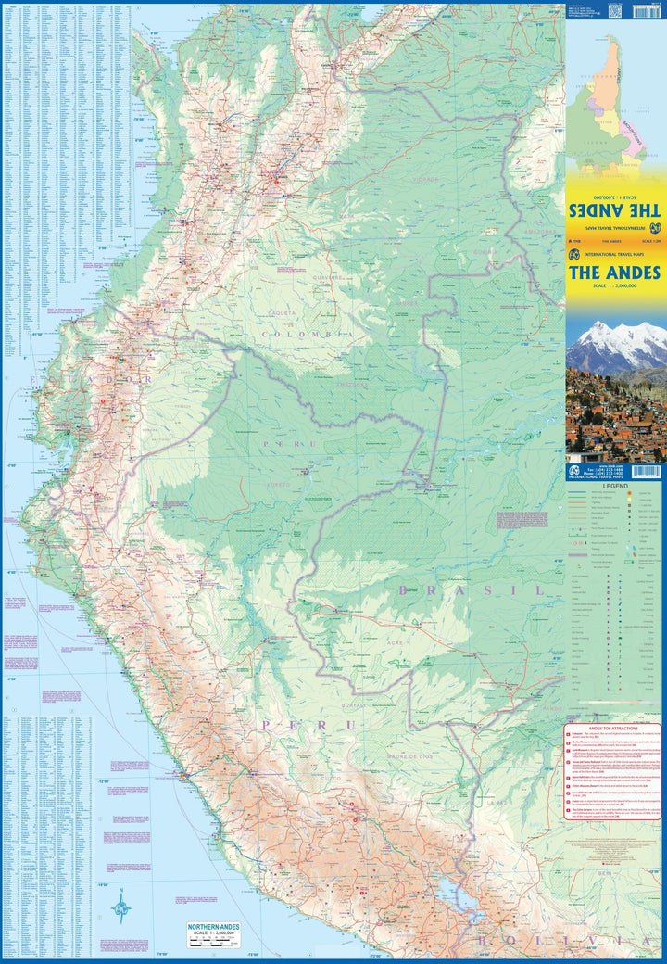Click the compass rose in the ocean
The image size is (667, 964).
tap(121, 905)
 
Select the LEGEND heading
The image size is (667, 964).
tap(616, 485)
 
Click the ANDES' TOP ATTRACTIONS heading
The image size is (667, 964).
tap(615, 729)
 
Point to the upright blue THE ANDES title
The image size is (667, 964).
tap(614, 273)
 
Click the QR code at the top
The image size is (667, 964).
tap(614, 10)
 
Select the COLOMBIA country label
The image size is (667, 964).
tap(308, 334)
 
